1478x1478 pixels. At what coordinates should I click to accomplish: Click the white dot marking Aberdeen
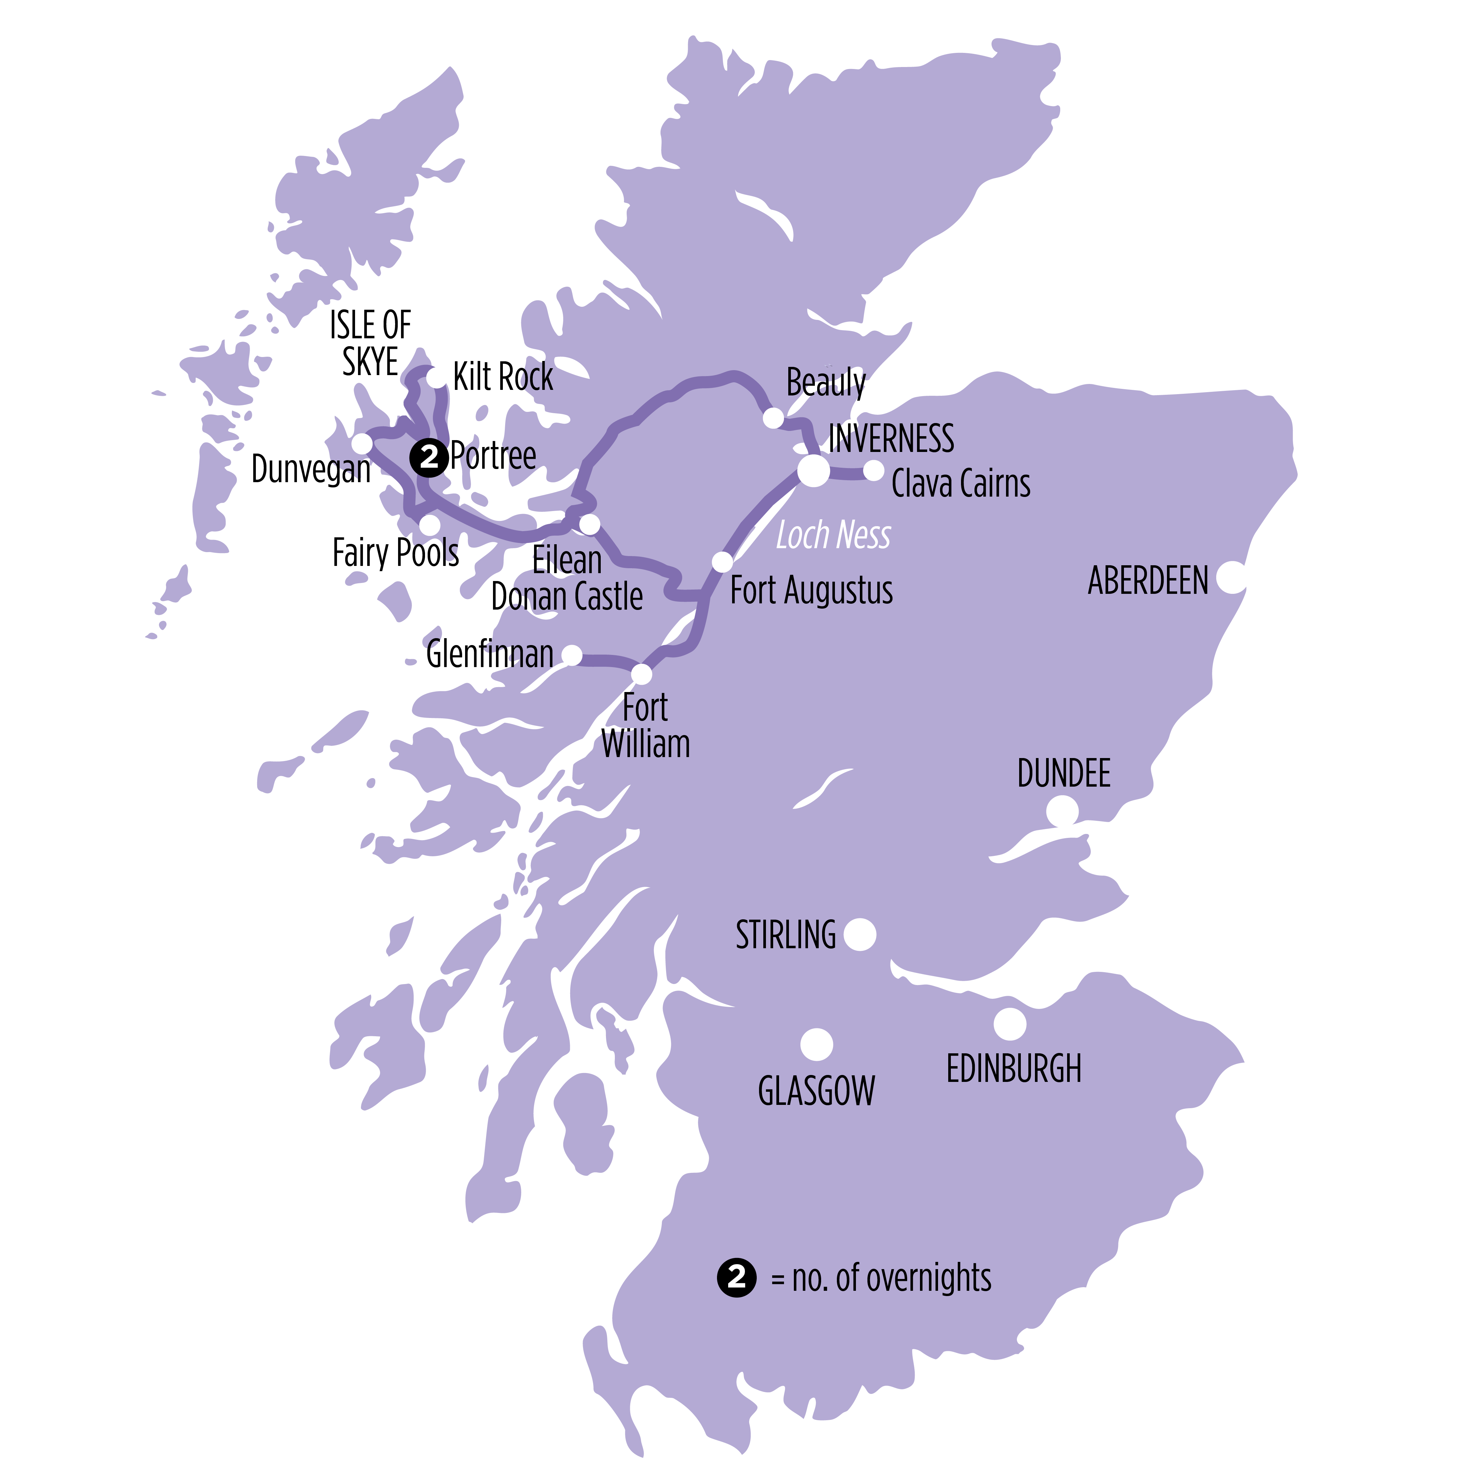1231,578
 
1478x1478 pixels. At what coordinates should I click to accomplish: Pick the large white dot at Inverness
813,470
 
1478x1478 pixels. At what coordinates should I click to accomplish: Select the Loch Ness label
833,535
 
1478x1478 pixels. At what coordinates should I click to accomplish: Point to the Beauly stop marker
773,418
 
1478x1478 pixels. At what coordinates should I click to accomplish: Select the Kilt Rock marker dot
435,377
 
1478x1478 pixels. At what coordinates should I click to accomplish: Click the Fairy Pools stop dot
430,525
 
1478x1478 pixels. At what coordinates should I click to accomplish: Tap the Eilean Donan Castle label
567,579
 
